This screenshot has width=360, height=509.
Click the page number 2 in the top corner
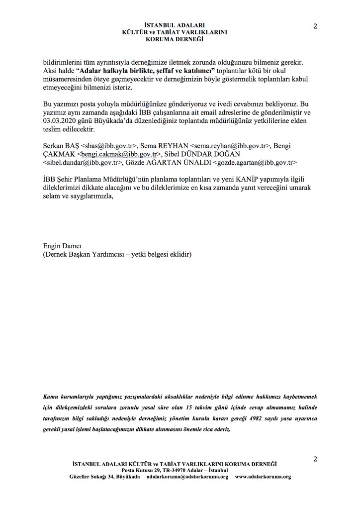315,27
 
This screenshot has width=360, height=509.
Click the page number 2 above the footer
315,459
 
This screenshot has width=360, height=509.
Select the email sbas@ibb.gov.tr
109,146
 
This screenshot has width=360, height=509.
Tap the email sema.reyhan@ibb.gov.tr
230,146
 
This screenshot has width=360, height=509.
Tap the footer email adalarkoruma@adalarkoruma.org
187,477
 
